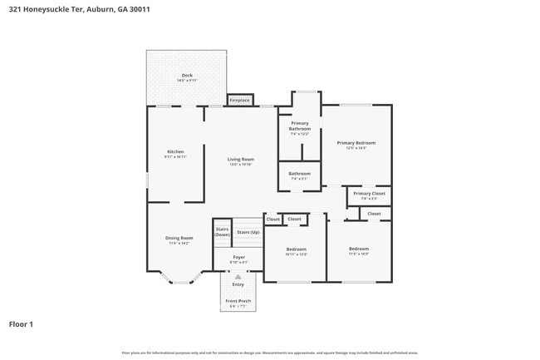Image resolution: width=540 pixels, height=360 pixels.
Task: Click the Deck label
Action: click(x=187, y=76)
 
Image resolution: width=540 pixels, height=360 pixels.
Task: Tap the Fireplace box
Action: click(x=240, y=100)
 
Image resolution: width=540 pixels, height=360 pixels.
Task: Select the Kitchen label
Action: click(x=175, y=151)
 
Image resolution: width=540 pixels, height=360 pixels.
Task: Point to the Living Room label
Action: click(x=241, y=159)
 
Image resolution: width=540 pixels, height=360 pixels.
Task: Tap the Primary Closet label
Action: click(x=369, y=195)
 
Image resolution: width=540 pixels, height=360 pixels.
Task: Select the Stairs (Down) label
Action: click(x=222, y=232)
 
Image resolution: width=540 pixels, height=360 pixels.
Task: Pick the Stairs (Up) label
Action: click(x=248, y=232)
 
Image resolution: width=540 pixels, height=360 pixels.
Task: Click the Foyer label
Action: click(x=239, y=258)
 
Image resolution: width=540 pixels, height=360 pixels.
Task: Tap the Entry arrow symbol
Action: click(x=238, y=275)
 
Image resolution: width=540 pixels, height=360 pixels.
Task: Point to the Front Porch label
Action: click(x=238, y=302)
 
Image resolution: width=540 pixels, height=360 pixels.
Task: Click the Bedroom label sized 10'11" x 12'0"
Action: click(x=297, y=249)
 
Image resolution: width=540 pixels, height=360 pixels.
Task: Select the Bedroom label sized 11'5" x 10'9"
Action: click(x=359, y=249)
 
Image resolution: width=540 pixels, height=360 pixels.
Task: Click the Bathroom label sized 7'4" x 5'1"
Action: click(x=299, y=174)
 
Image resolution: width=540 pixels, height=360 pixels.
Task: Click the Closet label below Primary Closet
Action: click(x=375, y=214)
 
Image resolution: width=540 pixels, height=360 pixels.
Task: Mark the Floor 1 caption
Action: click(x=21, y=323)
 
